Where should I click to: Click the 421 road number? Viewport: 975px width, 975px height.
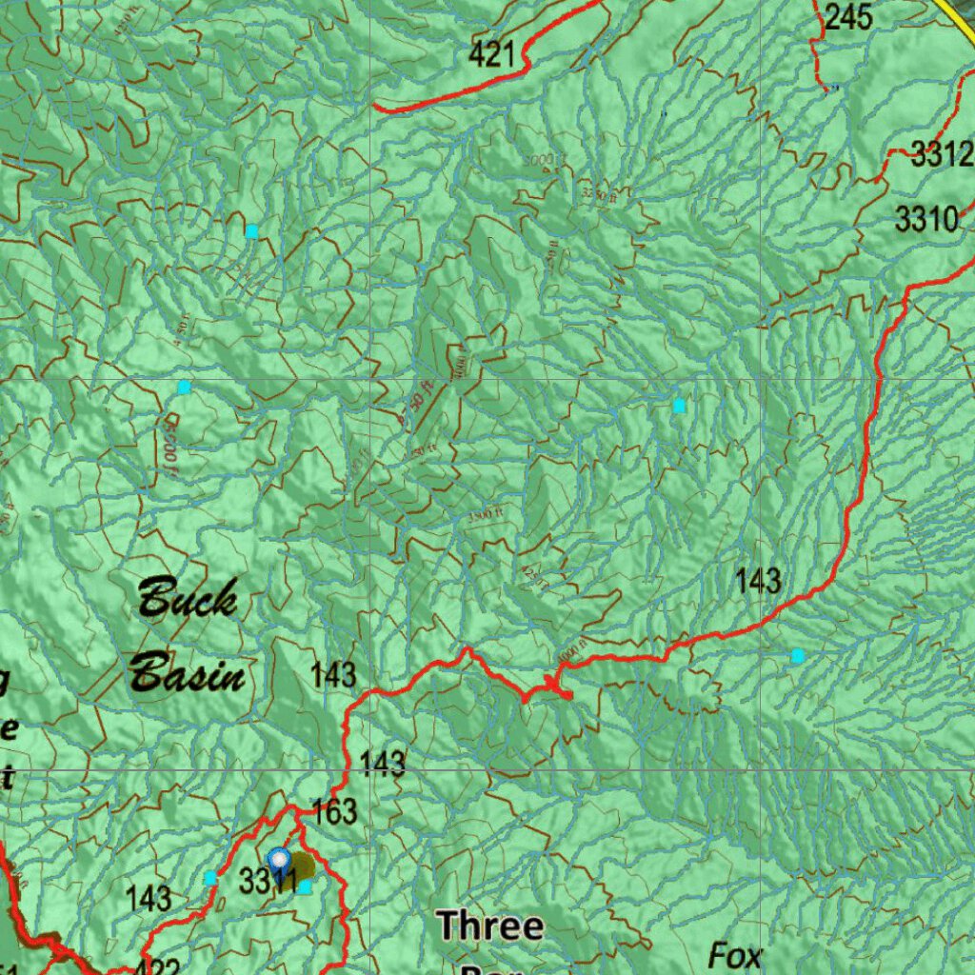pos(492,54)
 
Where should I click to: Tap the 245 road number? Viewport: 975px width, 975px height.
pos(848,16)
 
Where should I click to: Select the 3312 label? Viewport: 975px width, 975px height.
pos(942,154)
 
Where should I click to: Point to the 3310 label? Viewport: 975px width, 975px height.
pos(926,220)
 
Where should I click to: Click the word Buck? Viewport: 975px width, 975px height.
pos(188,601)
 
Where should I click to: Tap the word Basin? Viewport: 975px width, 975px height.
pos(188,675)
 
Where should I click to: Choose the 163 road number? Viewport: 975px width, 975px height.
pos(334,811)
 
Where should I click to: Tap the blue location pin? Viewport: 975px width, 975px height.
pos(278,861)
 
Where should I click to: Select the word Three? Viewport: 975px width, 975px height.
pos(490,925)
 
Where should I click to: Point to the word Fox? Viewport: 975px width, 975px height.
pos(735,955)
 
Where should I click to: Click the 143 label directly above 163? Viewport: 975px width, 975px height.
pos(383,764)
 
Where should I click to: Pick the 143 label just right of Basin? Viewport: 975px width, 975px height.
pos(333,675)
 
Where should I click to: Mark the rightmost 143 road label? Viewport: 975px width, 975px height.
pos(758,580)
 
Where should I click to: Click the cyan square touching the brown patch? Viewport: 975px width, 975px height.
pos(304,886)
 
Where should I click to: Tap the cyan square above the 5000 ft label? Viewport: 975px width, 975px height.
pos(184,387)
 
